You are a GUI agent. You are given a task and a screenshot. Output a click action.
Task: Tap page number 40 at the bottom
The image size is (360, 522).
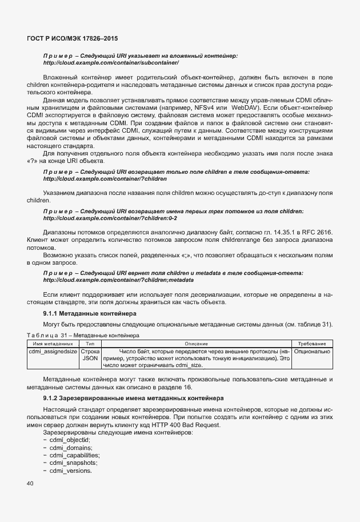tap(30, 484)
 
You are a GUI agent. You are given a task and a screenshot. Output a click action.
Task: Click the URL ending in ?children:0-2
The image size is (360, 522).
tap(110, 218)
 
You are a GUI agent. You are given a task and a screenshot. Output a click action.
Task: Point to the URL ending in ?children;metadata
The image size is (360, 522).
tap(118, 280)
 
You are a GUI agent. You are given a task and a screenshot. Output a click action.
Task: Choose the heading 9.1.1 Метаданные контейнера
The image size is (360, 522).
tap(90, 314)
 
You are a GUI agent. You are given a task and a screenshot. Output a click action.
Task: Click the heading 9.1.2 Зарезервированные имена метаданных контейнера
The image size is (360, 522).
tap(133, 397)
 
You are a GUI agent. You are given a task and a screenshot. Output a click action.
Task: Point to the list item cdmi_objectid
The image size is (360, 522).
tap(70, 440)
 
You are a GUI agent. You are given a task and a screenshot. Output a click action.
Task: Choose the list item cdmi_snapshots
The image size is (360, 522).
tap(70, 463)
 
